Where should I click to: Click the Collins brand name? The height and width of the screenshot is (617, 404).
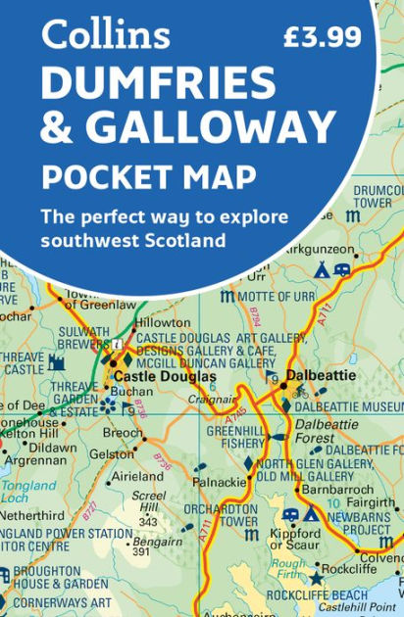[x=105, y=37]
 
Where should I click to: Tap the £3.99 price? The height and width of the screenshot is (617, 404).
[x=322, y=38]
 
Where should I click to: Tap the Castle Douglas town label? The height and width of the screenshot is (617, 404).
[x=165, y=376]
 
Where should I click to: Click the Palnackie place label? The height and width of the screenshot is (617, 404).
[x=221, y=482]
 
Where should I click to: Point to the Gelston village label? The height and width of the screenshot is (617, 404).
[x=111, y=455]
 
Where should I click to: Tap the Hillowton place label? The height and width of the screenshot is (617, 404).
[x=163, y=323]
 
